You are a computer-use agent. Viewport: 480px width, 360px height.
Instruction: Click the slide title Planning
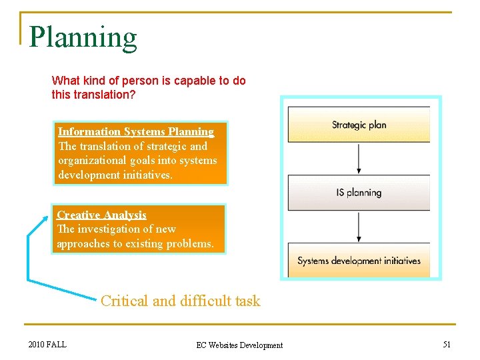(x=83, y=38)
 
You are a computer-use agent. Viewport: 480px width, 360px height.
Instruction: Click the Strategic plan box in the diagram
(x=359, y=125)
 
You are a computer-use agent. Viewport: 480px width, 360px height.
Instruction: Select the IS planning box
(x=359, y=193)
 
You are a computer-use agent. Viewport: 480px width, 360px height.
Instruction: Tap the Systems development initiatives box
(x=359, y=261)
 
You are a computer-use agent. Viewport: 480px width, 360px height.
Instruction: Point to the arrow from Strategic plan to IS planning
(x=359, y=159)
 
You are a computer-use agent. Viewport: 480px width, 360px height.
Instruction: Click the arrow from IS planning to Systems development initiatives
(x=359, y=227)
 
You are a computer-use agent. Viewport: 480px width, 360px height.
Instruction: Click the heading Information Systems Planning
(x=136, y=132)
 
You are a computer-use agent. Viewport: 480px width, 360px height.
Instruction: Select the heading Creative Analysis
(x=101, y=215)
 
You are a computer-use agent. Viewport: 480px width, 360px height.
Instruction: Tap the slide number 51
(x=447, y=344)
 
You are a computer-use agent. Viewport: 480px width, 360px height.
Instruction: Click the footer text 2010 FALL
(x=47, y=344)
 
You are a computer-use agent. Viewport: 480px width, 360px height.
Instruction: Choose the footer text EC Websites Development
(x=239, y=345)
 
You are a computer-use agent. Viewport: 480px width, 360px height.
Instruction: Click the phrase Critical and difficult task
(x=180, y=301)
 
